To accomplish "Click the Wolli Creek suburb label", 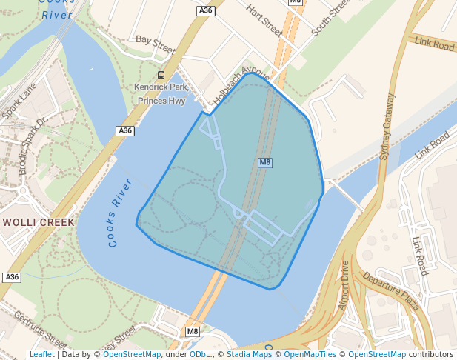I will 39,222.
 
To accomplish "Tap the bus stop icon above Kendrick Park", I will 161,75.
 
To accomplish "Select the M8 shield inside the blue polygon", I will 264,162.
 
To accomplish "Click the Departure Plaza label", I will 391,291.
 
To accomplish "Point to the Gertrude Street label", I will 44,330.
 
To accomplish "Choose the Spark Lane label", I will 19,101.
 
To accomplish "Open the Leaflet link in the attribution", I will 41,354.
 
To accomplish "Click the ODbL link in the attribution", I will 200,354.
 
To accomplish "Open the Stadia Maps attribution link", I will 247,354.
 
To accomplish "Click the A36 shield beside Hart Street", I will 205,10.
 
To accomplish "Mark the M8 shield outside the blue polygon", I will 193,330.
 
